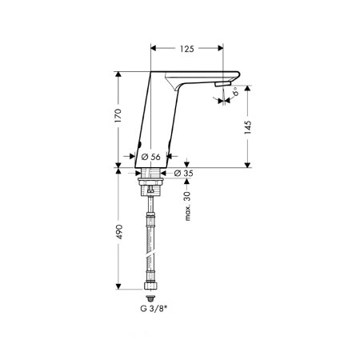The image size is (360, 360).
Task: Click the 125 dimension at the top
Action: (x=186, y=50)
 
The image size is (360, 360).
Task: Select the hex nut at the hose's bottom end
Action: (x=152, y=286)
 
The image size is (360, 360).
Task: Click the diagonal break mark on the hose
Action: (x=152, y=249)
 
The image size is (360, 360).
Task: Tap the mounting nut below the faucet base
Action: (x=152, y=187)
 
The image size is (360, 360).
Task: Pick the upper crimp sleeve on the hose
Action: (x=152, y=215)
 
